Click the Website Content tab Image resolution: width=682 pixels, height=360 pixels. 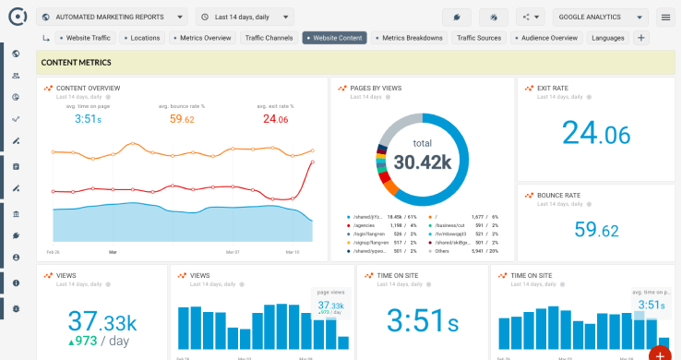point(334,38)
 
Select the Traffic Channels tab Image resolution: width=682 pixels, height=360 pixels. point(268,38)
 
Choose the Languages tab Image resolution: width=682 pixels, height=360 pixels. point(607,38)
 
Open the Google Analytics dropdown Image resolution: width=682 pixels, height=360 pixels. point(600,17)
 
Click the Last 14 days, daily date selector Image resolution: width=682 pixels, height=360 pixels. point(245,17)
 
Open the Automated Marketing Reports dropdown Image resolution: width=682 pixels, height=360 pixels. point(113,17)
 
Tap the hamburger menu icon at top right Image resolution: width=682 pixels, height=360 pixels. point(665,17)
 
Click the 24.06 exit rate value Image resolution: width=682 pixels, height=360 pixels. point(595,134)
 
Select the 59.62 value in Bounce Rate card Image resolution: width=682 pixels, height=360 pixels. point(596,229)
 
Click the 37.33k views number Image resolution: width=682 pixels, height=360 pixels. point(102,320)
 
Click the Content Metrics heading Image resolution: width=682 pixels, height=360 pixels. point(77,63)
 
